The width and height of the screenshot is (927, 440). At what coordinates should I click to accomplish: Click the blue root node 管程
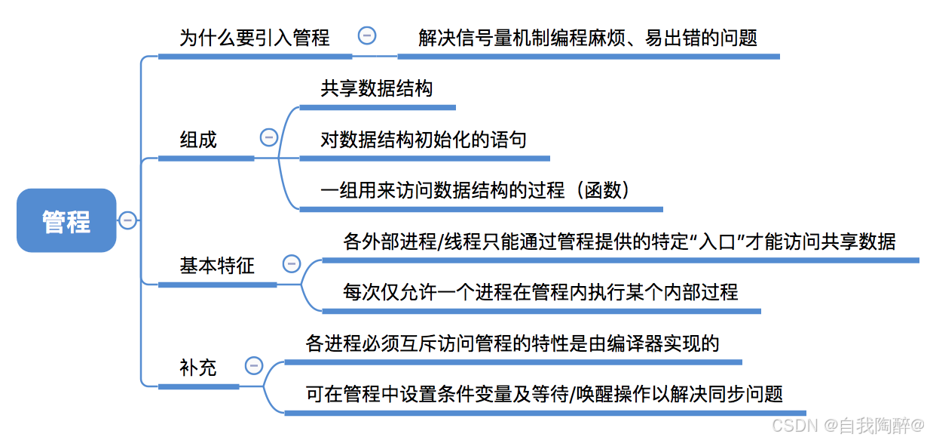click(66, 220)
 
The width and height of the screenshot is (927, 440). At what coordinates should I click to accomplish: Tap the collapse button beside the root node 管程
click(127, 220)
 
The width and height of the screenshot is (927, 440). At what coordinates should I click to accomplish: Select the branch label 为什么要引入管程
click(254, 38)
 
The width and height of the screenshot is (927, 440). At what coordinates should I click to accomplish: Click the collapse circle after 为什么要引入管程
click(367, 35)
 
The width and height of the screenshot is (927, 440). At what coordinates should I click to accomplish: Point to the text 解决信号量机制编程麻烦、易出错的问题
click(588, 38)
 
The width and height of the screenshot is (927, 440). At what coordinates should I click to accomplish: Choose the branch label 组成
click(198, 140)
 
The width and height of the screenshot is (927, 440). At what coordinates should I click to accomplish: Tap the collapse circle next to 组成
click(269, 137)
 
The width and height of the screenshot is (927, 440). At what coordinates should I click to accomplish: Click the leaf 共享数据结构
click(376, 88)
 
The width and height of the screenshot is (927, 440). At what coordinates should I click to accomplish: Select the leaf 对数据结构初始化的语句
click(424, 140)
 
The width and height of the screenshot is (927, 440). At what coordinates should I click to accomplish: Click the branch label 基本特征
click(217, 266)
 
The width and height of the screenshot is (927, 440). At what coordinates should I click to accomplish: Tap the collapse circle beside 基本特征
click(292, 263)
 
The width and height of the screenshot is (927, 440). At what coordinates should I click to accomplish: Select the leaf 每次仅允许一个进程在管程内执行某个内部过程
click(540, 292)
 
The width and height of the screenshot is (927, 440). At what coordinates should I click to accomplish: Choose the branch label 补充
click(198, 368)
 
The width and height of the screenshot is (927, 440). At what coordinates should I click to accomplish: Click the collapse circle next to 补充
click(254, 366)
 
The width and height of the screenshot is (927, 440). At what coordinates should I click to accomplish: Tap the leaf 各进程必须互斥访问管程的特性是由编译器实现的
click(512, 344)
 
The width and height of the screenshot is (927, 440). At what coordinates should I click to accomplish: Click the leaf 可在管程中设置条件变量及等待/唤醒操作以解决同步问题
click(544, 394)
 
